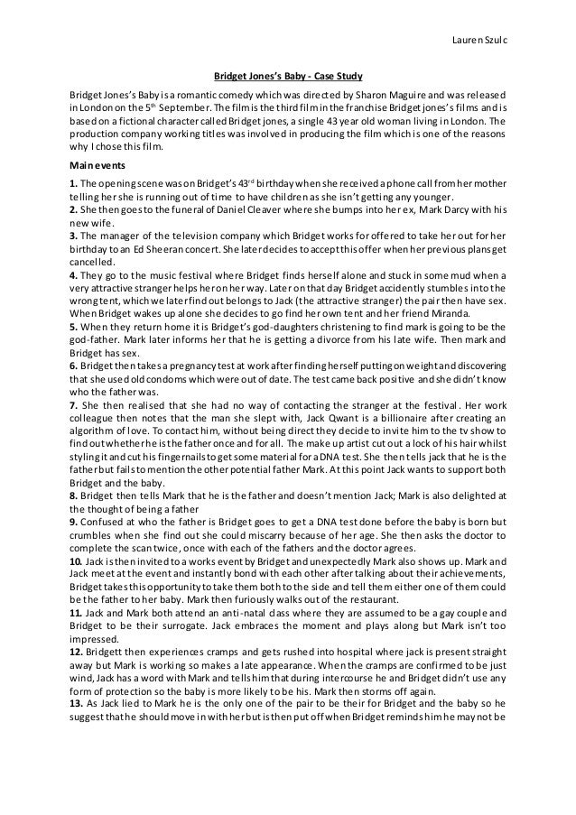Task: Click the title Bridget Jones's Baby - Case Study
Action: click(x=287, y=75)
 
